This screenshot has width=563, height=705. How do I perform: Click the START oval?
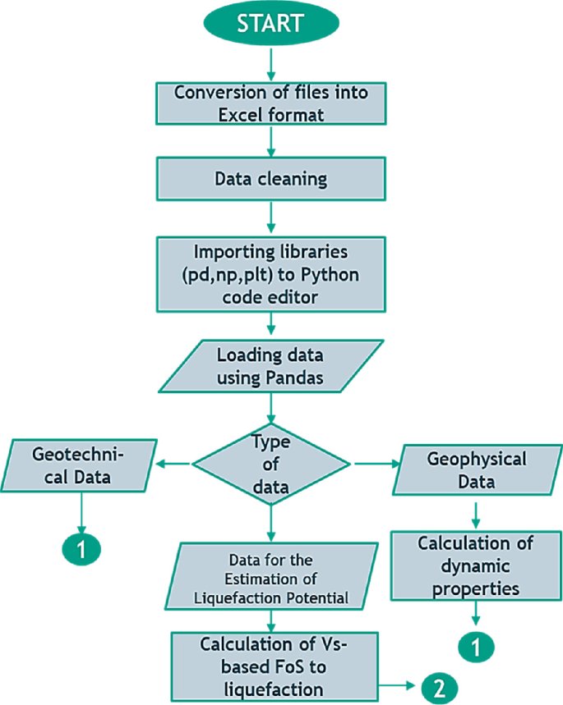tap(270, 25)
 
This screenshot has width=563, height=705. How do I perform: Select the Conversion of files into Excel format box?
tap(270, 103)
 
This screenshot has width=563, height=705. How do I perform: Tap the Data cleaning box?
tap(270, 179)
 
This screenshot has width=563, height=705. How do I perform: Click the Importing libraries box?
tap(270, 275)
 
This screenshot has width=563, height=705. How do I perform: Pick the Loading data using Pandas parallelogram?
tap(270, 366)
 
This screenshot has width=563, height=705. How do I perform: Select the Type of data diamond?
tap(271, 465)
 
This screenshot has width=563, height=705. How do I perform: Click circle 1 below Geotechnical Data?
tap(81, 548)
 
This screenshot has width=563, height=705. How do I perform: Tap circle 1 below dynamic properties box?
tap(475, 647)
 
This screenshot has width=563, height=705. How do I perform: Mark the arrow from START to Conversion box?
tap(270, 64)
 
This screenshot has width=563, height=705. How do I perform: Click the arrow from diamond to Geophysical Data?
tap(374, 465)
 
